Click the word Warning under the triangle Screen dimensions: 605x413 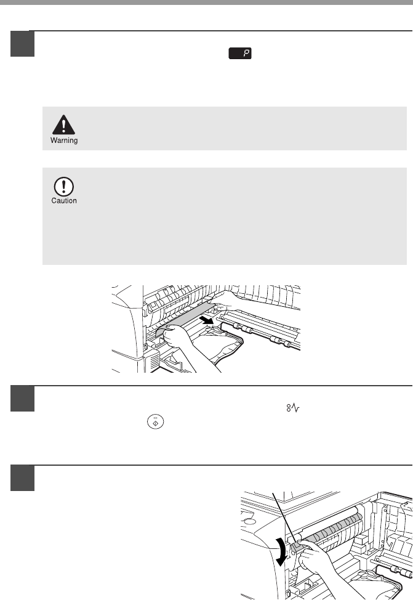(x=64, y=141)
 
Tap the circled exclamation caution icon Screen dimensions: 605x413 (x=64, y=185)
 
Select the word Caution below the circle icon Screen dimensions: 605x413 (x=64, y=201)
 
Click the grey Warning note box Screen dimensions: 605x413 (x=225, y=128)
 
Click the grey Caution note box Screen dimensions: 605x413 (x=225, y=216)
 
